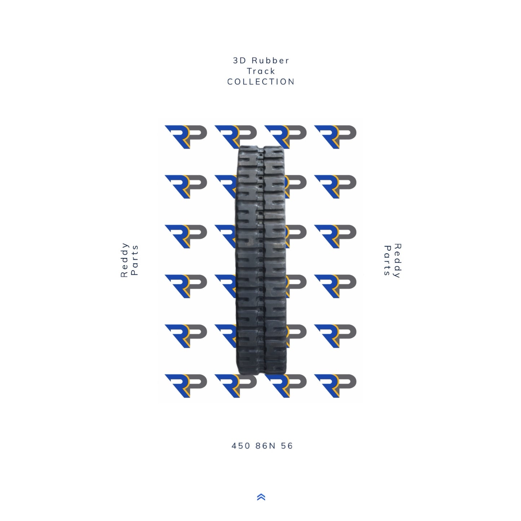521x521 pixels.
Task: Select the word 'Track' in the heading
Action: pyautogui.click(x=261, y=71)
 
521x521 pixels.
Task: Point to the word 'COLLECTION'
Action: pyautogui.click(x=261, y=82)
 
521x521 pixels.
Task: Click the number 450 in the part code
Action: pyautogui.click(x=240, y=446)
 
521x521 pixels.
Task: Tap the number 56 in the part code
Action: pyautogui.click(x=287, y=446)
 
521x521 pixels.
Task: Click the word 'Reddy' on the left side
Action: pyautogui.click(x=124, y=260)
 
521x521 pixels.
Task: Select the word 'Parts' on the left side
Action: pyautogui.click(x=135, y=260)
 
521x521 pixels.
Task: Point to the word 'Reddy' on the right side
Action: pyautogui.click(x=397, y=261)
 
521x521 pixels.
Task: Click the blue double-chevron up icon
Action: pyautogui.click(x=261, y=497)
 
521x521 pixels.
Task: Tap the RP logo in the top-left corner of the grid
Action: pyautogui.click(x=186, y=137)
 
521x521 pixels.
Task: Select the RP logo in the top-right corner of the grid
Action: pyautogui.click(x=335, y=137)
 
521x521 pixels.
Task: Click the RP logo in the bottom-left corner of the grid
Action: pyautogui.click(x=186, y=386)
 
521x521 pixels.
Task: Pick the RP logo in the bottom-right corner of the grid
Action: pyautogui.click(x=335, y=386)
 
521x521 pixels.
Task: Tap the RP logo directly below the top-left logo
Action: pyautogui.click(x=186, y=187)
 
